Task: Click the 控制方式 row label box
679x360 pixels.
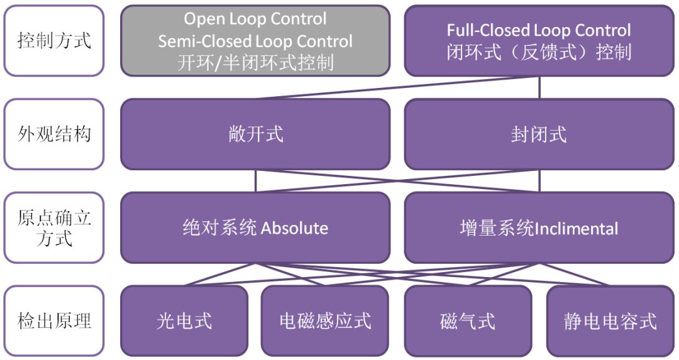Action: point(53,41)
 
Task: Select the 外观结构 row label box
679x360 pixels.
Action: point(53,134)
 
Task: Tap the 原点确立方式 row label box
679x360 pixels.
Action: point(53,227)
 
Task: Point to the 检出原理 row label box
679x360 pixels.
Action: point(53,320)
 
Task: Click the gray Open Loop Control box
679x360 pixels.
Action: point(255,41)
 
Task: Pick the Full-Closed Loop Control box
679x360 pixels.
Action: point(539,41)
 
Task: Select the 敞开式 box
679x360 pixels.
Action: point(255,134)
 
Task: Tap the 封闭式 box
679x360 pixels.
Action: point(539,134)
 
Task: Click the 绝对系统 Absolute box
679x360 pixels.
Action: point(255,227)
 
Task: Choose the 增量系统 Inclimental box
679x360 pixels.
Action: point(539,227)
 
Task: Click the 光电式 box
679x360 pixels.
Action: point(184,320)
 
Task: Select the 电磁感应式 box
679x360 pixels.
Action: point(325,320)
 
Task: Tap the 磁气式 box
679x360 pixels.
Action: point(468,320)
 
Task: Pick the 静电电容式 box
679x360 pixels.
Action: point(610,320)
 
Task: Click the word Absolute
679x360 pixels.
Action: point(294,228)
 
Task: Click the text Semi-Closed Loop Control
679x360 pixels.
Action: point(255,41)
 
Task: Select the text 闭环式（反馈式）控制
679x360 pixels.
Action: point(539,52)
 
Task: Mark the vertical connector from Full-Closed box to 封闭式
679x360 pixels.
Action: point(539,87)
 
